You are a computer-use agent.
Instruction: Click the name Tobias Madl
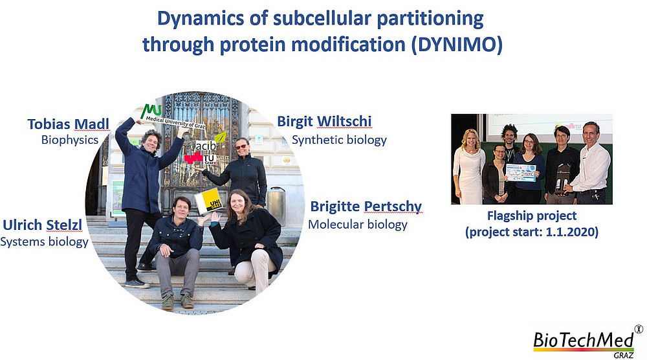click(x=68, y=124)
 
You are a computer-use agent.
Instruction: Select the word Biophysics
click(x=70, y=140)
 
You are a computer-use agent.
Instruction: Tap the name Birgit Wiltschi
click(x=324, y=121)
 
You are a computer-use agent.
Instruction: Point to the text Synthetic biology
click(x=339, y=140)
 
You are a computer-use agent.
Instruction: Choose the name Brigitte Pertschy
click(x=366, y=207)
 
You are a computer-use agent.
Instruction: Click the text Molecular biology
click(x=358, y=225)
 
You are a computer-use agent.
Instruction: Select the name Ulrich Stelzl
click(x=43, y=225)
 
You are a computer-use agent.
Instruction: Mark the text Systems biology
click(x=44, y=242)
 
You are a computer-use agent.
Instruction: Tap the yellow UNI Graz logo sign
click(x=209, y=201)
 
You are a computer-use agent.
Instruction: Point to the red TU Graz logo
click(x=201, y=158)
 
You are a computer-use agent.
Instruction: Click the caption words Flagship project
click(x=531, y=216)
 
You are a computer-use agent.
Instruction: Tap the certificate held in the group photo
click(x=521, y=173)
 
